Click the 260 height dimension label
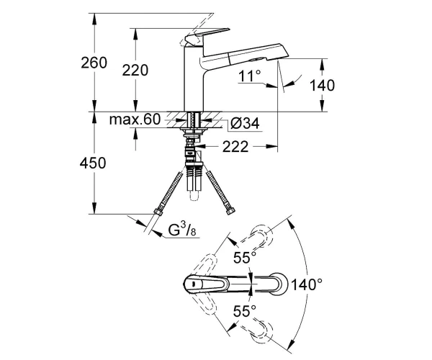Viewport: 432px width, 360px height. tap(94, 63)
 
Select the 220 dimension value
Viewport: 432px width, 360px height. tap(135, 70)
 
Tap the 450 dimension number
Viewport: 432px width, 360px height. tap(93, 163)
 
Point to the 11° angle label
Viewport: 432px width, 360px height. tap(250, 76)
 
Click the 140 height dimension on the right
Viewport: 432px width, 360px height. tap(322, 85)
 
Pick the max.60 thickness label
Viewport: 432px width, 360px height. tap(135, 120)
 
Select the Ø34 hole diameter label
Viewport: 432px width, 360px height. tap(245, 123)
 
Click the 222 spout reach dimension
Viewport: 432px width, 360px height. tap(235, 147)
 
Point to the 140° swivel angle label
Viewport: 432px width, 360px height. tap(307, 284)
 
